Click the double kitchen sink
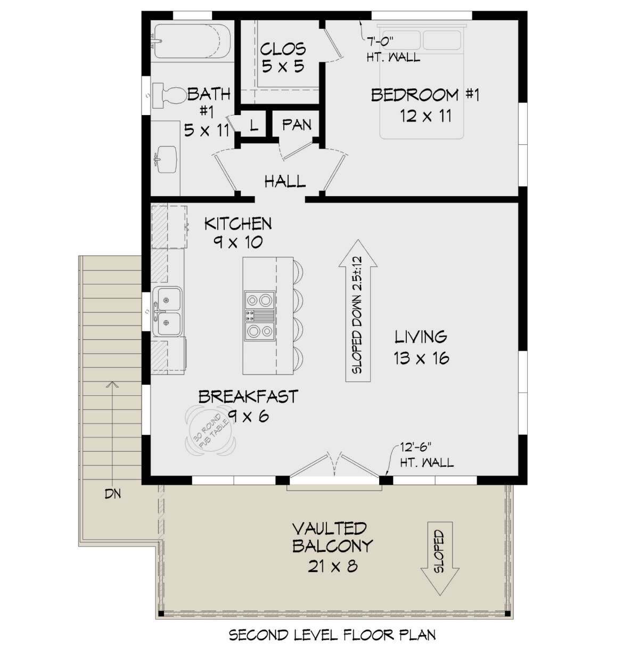point(167,312)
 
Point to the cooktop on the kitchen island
point(259,315)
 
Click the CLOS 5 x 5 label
point(283,58)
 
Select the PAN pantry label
point(297,125)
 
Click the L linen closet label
point(253,126)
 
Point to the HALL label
point(285,182)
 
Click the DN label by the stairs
point(112,494)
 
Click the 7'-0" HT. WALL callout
point(393,48)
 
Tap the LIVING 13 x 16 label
point(421,347)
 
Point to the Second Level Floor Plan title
point(332,635)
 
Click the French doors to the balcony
point(334,469)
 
